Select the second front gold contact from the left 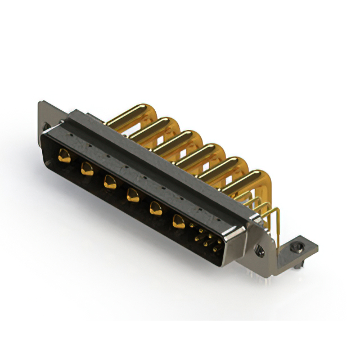(x=87, y=168)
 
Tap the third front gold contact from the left (x=109, y=181)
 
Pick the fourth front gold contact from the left (x=133, y=195)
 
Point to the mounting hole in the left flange (x=46, y=126)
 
